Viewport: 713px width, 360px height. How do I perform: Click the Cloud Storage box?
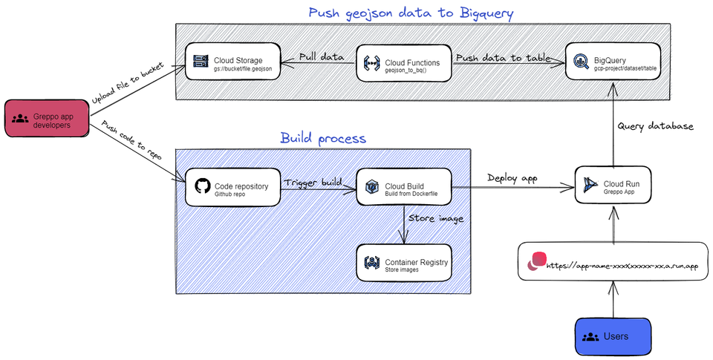click(x=233, y=62)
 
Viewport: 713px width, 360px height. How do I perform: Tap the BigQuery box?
click(x=613, y=62)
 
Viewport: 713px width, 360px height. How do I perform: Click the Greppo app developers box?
click(x=46, y=120)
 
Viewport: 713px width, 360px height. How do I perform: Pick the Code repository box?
click(x=232, y=189)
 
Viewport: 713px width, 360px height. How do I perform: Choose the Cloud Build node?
click(x=404, y=189)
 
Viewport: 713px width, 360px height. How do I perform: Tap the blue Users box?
click(x=613, y=336)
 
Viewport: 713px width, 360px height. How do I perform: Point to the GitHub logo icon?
click(x=201, y=187)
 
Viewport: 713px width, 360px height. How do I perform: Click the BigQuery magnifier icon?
click(x=580, y=62)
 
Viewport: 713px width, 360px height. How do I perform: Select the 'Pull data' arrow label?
click(x=321, y=56)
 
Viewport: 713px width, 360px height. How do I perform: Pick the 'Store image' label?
click(x=436, y=218)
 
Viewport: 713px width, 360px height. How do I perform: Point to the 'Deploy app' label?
click(x=512, y=178)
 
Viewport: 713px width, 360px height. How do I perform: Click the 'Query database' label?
click(x=655, y=126)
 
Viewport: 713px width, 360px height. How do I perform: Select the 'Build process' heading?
click(x=322, y=138)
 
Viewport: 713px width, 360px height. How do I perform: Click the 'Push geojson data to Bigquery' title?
click(x=411, y=13)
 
